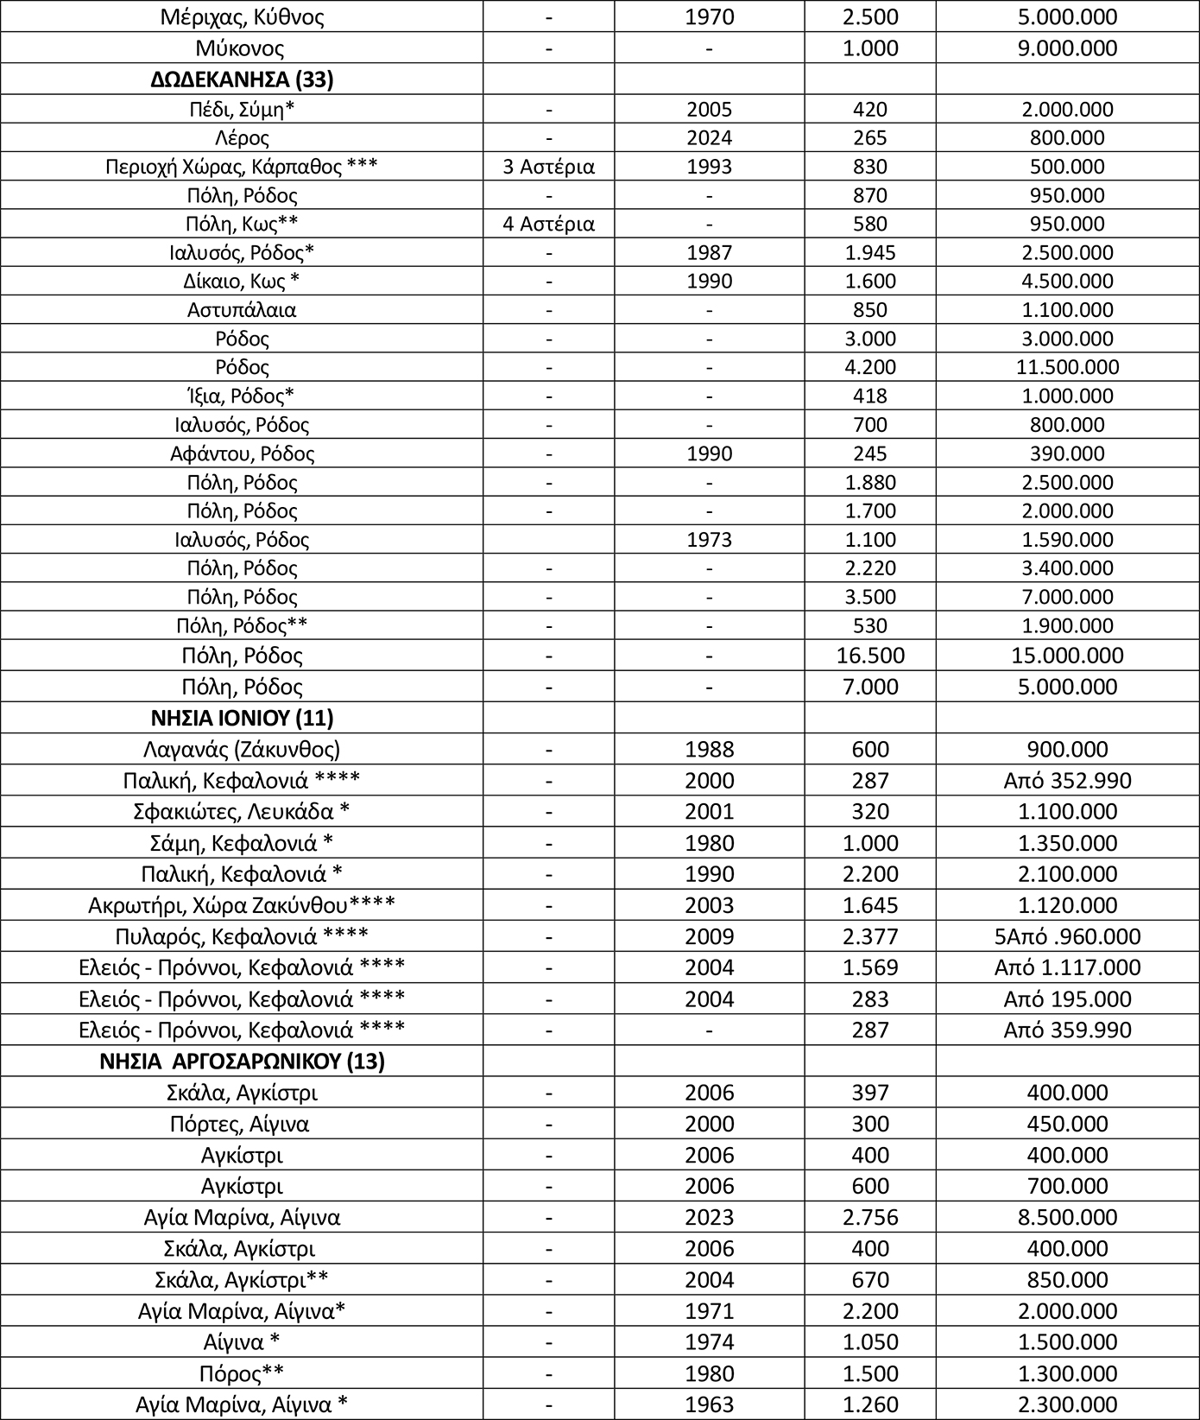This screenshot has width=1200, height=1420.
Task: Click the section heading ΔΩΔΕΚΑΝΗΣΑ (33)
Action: tap(242, 79)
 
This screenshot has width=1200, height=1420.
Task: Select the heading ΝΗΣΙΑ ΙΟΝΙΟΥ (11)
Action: tap(242, 717)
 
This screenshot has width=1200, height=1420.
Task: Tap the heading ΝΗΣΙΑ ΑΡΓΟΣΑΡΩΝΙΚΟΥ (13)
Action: tap(242, 1061)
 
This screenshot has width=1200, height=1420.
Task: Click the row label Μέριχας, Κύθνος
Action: tap(242, 17)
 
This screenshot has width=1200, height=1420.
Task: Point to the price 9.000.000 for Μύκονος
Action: tap(1068, 48)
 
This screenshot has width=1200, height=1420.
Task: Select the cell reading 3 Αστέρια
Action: tap(548, 167)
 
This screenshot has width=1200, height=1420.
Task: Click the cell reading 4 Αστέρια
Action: tap(548, 224)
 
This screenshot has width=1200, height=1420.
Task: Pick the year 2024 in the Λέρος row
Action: tap(709, 137)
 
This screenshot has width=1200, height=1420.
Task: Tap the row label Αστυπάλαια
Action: tap(242, 309)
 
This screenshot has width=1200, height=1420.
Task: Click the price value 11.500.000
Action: tap(1068, 367)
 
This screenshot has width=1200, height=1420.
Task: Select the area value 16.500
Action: tap(870, 655)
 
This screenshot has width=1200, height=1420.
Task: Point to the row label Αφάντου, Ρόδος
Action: tap(242, 453)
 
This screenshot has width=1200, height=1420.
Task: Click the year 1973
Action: tap(709, 540)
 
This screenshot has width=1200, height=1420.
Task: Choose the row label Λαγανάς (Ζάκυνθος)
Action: tap(242, 749)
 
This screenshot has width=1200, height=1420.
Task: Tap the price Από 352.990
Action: tap(1068, 781)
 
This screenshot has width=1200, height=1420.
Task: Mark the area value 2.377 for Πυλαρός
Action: tap(870, 936)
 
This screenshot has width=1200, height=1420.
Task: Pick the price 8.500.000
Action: tap(1068, 1217)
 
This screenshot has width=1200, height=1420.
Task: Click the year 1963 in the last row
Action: tap(709, 1404)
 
